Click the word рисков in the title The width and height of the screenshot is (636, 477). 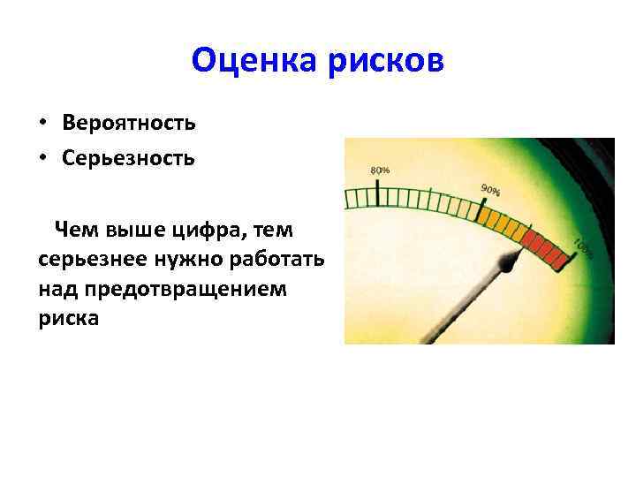(x=388, y=61)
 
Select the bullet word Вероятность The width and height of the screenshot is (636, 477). (x=129, y=122)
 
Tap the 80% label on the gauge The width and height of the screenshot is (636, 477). (x=380, y=170)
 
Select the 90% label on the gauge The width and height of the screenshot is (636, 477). (x=490, y=189)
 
